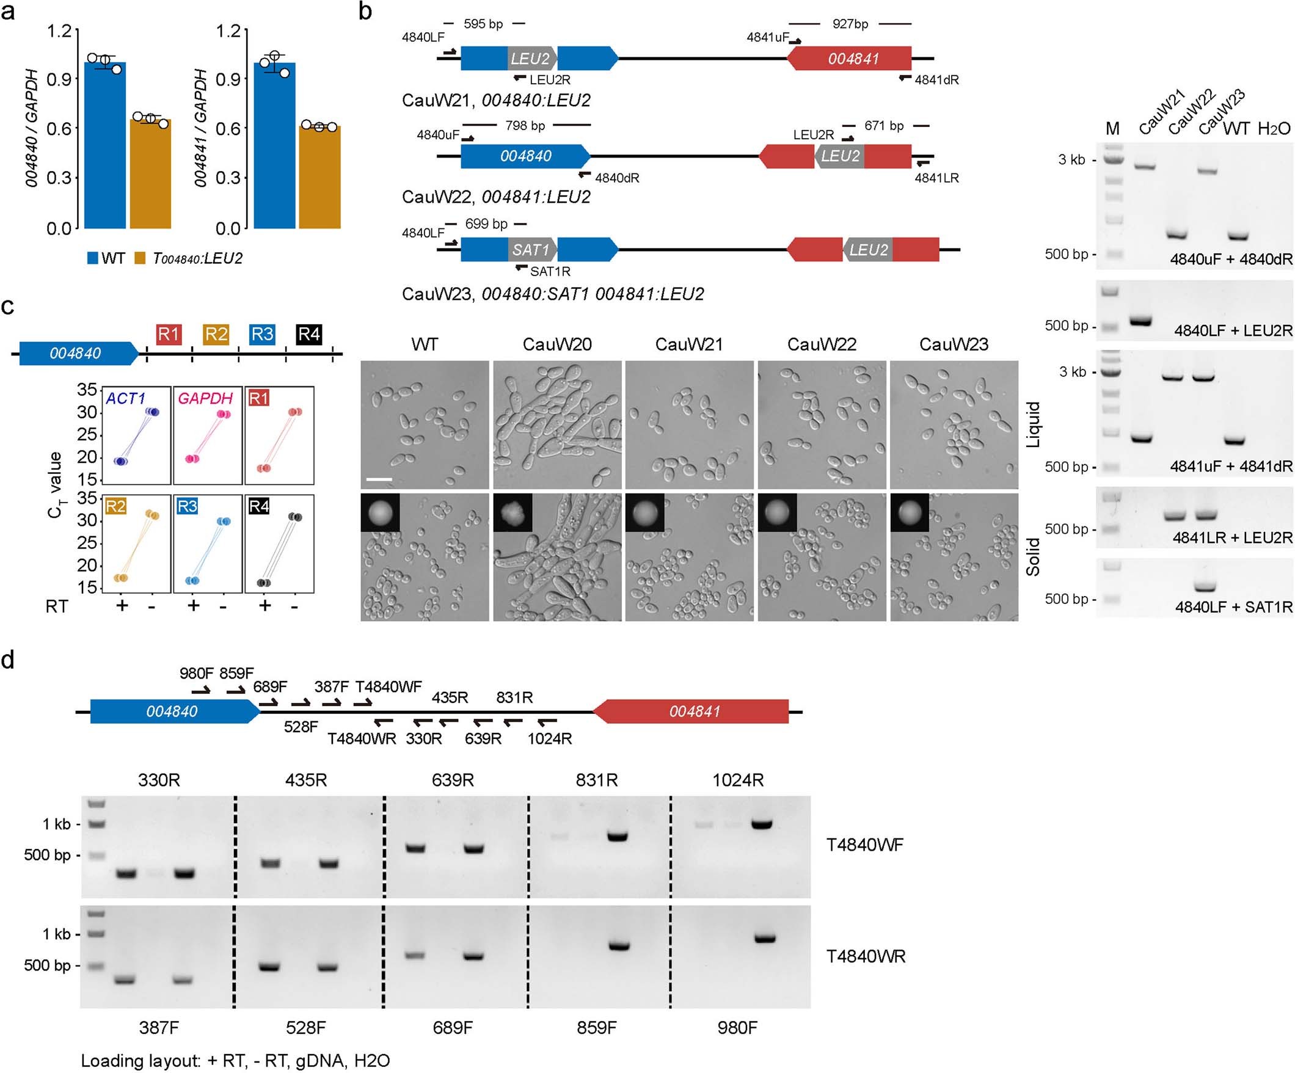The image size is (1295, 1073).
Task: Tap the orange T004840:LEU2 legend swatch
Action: pyautogui.click(x=140, y=258)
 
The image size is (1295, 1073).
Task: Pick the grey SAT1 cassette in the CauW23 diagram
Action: pyautogui.click(x=531, y=250)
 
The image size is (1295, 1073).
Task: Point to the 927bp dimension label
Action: pyautogui.click(x=850, y=24)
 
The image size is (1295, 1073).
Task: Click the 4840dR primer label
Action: pyautogui.click(x=617, y=178)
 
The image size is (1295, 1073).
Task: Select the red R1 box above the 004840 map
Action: pyautogui.click(x=169, y=334)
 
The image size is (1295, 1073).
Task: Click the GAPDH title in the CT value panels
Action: pyautogui.click(x=205, y=398)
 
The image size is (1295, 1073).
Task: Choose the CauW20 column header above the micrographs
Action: pyautogui.click(x=557, y=344)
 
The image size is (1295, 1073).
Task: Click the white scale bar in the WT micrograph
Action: pyautogui.click(x=379, y=479)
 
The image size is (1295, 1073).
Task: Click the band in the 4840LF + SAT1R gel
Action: pyautogui.click(x=1205, y=586)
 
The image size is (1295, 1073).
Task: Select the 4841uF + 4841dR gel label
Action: pyautogui.click(x=1231, y=466)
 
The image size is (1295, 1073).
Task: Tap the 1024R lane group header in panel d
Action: pyautogui.click(x=737, y=780)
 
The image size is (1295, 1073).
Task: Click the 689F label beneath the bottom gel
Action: pyautogui.click(x=453, y=1028)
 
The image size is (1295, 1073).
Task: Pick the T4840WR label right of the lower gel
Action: pyautogui.click(x=866, y=956)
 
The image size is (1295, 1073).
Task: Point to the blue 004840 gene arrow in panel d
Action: pyautogui.click(x=173, y=711)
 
